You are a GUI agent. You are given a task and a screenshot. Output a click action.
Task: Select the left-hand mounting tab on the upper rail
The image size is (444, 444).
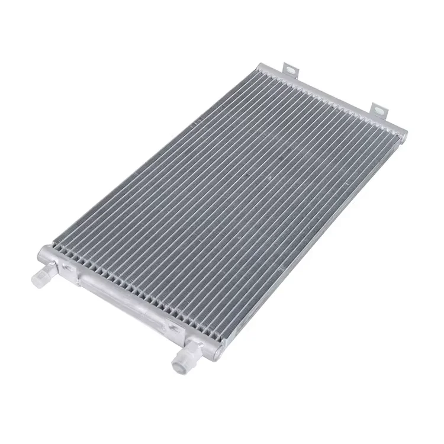[x=289, y=69]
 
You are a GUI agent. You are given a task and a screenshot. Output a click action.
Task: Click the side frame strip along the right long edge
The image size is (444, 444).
[x=308, y=237]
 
